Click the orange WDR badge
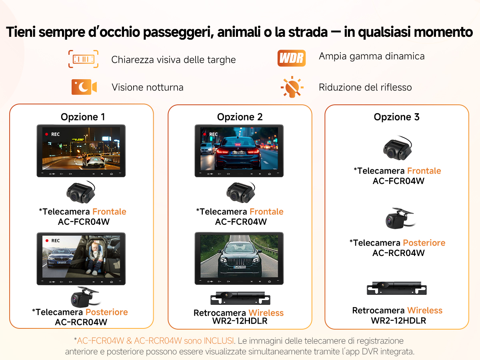pos(292,58)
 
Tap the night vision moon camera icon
pos(84,87)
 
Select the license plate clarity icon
pos(83,59)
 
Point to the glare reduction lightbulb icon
pos(292,87)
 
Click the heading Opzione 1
pos(83,117)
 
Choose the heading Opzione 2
pos(240,117)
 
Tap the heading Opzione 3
pos(397,117)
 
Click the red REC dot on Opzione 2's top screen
pos(204,134)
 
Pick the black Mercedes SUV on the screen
pos(240,260)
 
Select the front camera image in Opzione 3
pos(398,148)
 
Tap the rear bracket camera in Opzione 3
pos(400,218)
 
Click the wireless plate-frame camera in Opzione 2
pos(240,298)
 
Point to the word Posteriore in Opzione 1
pos(106,312)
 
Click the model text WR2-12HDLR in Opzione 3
pos(398,321)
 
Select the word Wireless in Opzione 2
pos(266,313)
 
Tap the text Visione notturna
pos(148,87)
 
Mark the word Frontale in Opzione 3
pos(424,171)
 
